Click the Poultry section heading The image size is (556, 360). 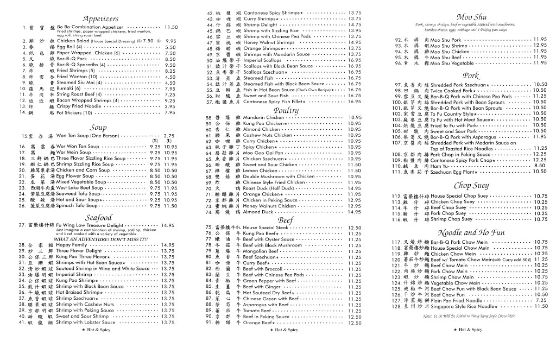click(x=286, y=110)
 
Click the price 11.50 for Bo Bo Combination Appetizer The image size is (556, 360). click(x=170, y=27)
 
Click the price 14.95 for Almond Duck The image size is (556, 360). click(x=354, y=212)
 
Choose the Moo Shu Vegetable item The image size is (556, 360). click(x=437, y=63)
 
